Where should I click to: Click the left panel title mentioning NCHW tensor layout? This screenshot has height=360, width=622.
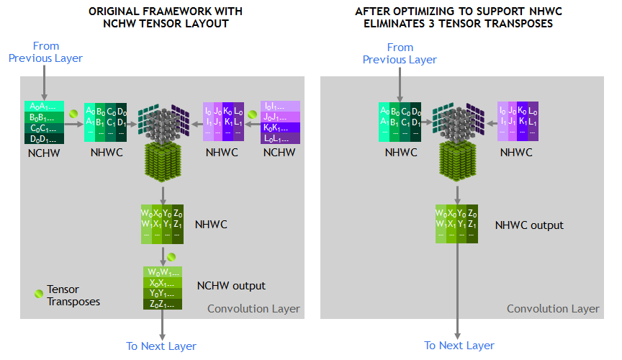pos(165,18)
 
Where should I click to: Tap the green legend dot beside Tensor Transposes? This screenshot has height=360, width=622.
pos(39,294)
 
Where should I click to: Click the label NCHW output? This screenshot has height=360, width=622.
pos(231,286)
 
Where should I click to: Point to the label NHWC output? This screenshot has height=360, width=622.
pos(529,225)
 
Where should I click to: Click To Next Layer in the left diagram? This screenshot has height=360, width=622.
pos(161,346)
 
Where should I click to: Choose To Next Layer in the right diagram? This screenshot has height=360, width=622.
pos(459,346)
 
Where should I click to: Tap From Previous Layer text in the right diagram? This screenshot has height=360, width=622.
pos(400,53)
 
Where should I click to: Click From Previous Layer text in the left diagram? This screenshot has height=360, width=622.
pos(45,52)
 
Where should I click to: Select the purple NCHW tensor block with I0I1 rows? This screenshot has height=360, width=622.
pos(280,122)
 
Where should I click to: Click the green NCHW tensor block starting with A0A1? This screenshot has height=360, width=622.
pos(45,123)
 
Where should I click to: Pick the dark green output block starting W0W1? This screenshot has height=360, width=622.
pos(163,288)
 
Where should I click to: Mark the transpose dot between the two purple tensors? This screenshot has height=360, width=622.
pos(252,114)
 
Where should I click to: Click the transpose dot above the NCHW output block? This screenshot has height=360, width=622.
pos(171,256)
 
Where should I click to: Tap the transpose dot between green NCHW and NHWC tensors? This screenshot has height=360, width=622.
pos(74,114)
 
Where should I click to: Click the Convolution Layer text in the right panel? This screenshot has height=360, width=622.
pos(553,309)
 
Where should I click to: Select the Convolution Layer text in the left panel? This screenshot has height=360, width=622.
pos(253,309)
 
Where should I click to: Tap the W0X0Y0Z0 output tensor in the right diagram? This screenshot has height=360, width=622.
pos(456,225)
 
